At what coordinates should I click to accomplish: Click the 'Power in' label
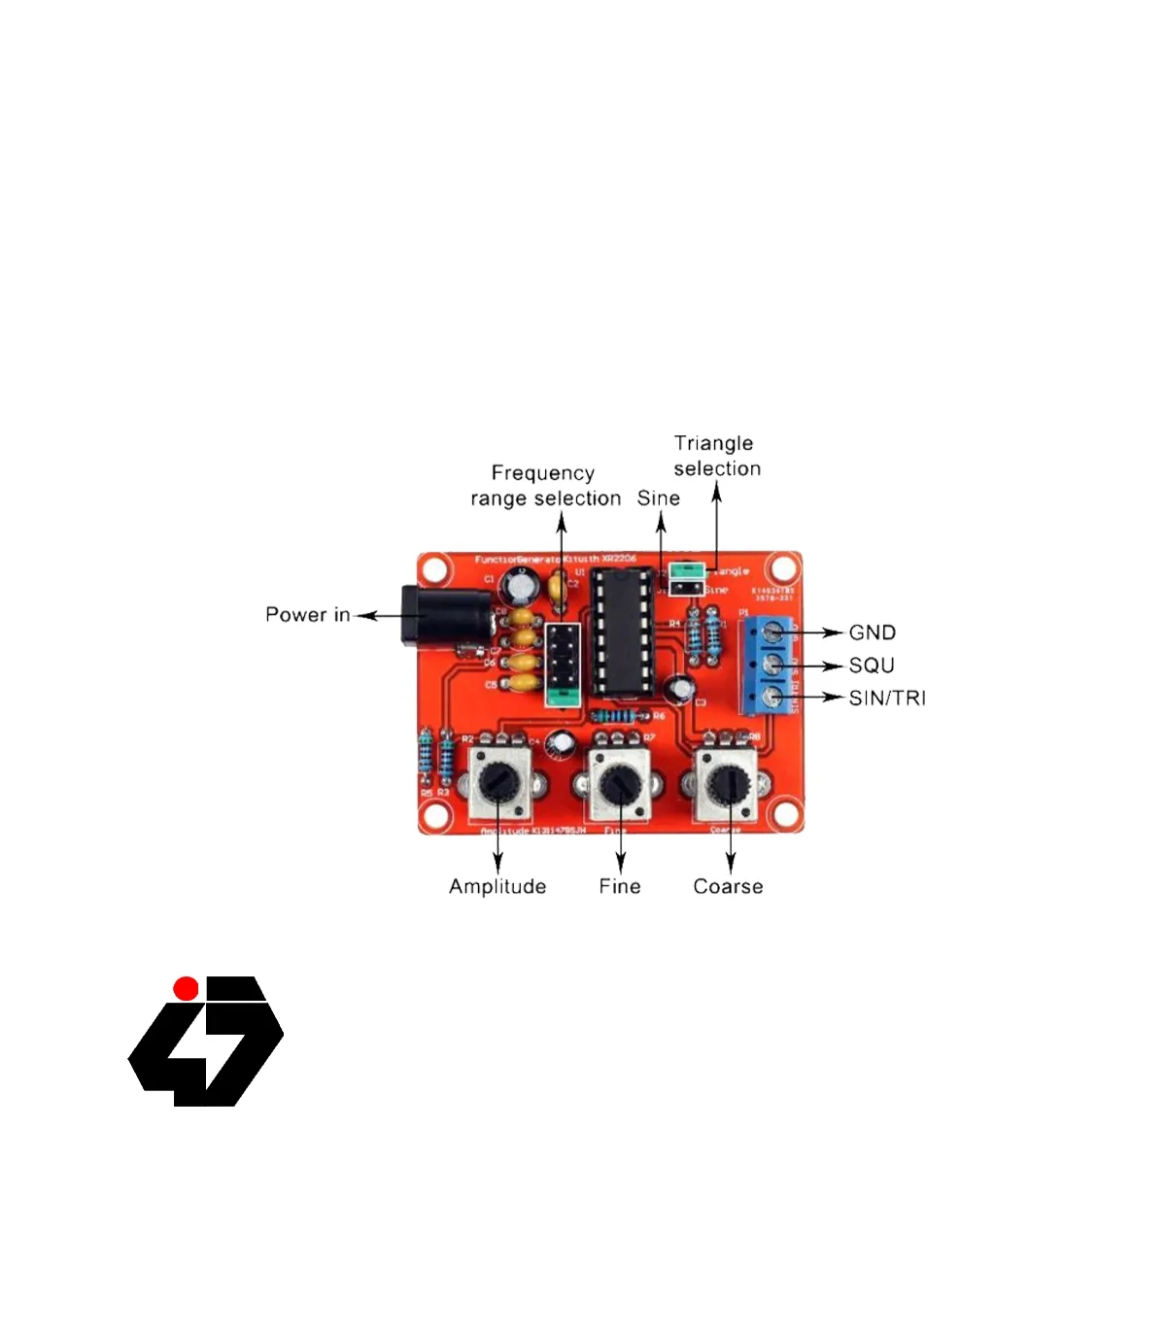click(x=307, y=615)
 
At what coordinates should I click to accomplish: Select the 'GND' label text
click(x=872, y=632)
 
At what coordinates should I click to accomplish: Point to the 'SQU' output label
click(x=871, y=666)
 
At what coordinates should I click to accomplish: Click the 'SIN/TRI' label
click(x=886, y=699)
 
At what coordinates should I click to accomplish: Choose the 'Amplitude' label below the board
click(x=497, y=886)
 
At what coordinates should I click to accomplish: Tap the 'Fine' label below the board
click(x=620, y=886)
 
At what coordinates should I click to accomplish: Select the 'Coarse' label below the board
click(x=728, y=886)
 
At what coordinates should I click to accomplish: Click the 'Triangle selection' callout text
click(x=717, y=456)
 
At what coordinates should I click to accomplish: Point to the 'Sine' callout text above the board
click(x=659, y=498)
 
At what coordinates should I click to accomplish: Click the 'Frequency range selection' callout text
click(x=545, y=486)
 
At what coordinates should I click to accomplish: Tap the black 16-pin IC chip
click(x=621, y=632)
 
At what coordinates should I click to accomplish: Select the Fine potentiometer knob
click(x=617, y=783)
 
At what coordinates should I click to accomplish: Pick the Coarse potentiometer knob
click(x=728, y=783)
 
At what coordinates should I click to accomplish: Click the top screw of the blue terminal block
click(x=773, y=633)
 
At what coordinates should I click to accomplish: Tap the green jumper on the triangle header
click(x=686, y=569)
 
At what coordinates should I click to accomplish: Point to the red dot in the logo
click(x=186, y=989)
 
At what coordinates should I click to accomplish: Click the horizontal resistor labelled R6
click(x=621, y=716)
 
